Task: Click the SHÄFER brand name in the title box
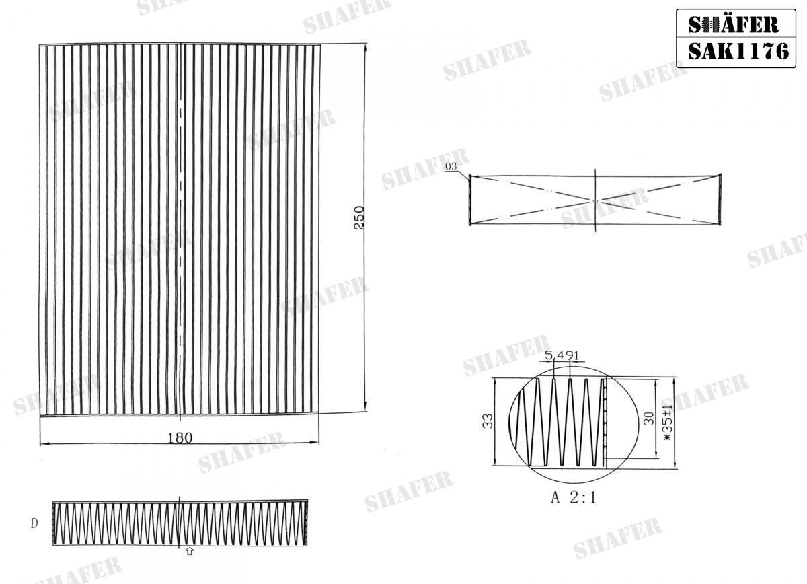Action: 734,24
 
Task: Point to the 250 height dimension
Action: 358,218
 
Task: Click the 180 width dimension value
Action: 180,438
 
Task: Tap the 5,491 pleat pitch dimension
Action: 562,355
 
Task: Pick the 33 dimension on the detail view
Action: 488,421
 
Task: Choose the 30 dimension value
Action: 648,418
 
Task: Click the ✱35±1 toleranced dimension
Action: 668,423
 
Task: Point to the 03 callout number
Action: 451,166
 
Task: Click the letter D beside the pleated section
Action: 34,523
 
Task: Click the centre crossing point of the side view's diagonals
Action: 596,200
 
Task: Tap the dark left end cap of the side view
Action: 469,200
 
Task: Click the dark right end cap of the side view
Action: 721,200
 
